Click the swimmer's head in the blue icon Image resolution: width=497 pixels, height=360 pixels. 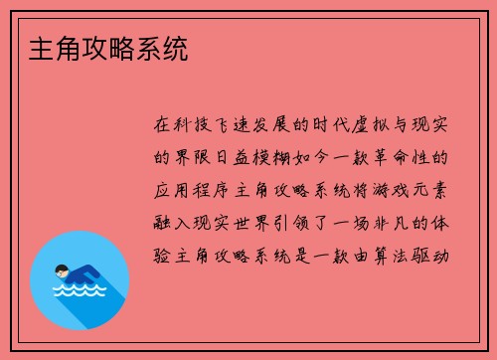click(61, 270)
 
